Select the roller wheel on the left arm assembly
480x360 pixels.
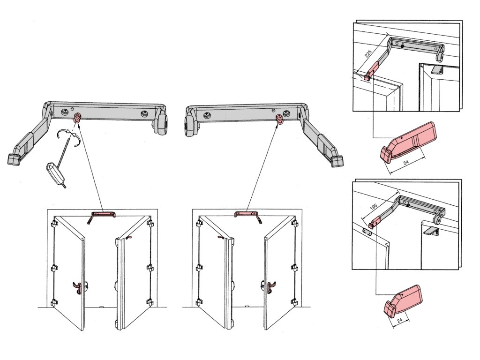[x=161, y=124]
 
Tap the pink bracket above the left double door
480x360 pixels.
[x=103, y=215]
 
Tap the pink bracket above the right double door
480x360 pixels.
[x=247, y=215]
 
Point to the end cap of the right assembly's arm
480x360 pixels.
[x=336, y=161]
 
